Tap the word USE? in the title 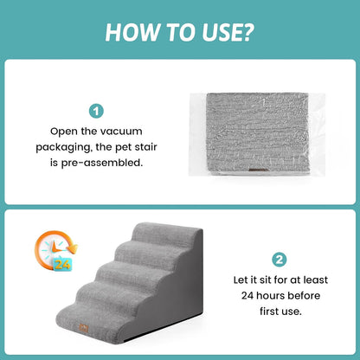[x=228, y=32]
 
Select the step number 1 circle [x=96, y=111]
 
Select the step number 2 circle [x=280, y=260]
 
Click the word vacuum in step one [x=124, y=132]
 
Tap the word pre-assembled [x=102, y=163]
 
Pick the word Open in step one [x=64, y=132]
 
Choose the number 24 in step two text [x=247, y=296]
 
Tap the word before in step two [x=304, y=296]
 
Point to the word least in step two [x=315, y=280]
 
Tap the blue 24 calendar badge [x=62, y=264]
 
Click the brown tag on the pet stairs [x=84, y=328]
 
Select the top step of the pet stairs [x=167, y=233]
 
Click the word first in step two [x=270, y=312]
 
